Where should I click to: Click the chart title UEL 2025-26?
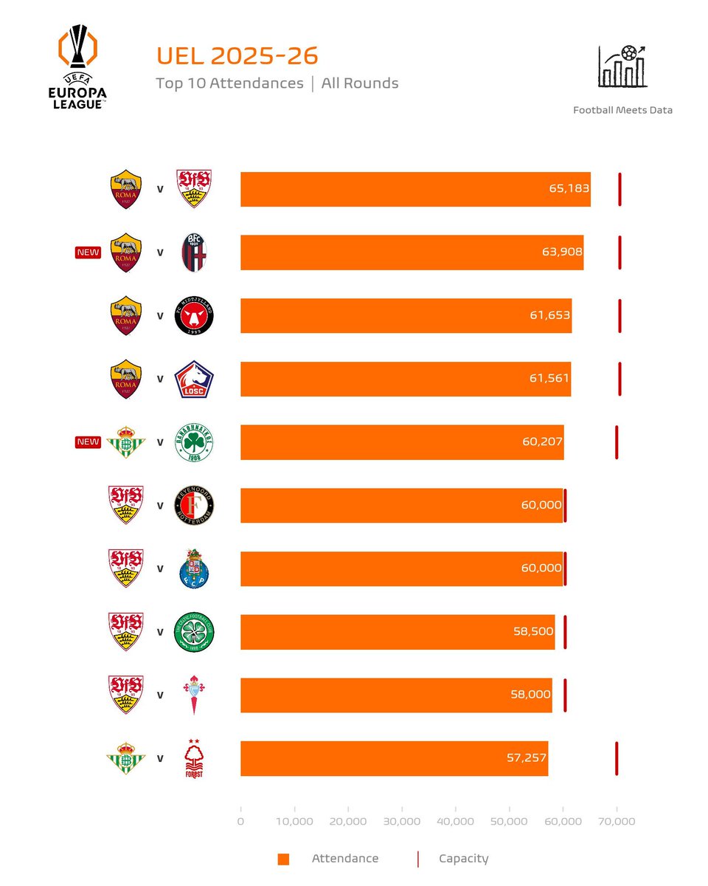pyautogui.click(x=237, y=57)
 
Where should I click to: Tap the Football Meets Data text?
pyautogui.click(x=622, y=110)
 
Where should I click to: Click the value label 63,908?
pyautogui.click(x=562, y=252)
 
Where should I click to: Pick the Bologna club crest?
pyautogui.click(x=194, y=253)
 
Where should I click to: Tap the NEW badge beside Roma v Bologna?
pyautogui.click(x=88, y=253)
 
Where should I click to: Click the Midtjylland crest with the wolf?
pyautogui.click(x=194, y=316)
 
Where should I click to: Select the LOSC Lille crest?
pyautogui.click(x=194, y=380)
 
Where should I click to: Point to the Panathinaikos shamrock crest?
pyautogui.click(x=194, y=442)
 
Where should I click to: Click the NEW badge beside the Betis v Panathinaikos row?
pyautogui.click(x=88, y=442)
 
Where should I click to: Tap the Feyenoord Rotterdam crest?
pyautogui.click(x=194, y=506)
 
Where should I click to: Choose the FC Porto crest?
pyautogui.click(x=194, y=569)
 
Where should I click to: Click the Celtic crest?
pyautogui.click(x=194, y=632)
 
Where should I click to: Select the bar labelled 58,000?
pyautogui.click(x=396, y=696)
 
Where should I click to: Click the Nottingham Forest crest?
pyautogui.click(x=194, y=758)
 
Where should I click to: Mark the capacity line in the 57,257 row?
pyautogui.click(x=617, y=758)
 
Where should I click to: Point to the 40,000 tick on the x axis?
pyautogui.click(x=455, y=822)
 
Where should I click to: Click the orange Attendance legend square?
pyautogui.click(x=283, y=859)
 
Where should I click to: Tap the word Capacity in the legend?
pyautogui.click(x=463, y=859)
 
